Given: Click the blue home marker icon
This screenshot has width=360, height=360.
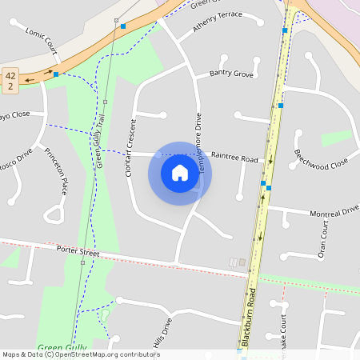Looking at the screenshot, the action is (x=179, y=173).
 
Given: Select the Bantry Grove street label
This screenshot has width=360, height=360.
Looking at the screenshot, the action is (x=231, y=74).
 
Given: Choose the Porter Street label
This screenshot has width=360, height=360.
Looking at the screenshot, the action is (x=78, y=251).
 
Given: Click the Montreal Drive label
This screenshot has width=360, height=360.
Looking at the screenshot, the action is (x=334, y=211).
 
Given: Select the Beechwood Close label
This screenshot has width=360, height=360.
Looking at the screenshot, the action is (x=321, y=158).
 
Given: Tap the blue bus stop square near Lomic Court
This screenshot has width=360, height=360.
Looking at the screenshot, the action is (x=56, y=74).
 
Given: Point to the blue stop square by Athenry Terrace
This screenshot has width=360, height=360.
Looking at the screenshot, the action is (x=123, y=26).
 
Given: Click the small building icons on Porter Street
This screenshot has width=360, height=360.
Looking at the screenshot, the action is (x=238, y=262).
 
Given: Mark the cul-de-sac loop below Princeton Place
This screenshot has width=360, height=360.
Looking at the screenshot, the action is (x=54, y=213).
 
